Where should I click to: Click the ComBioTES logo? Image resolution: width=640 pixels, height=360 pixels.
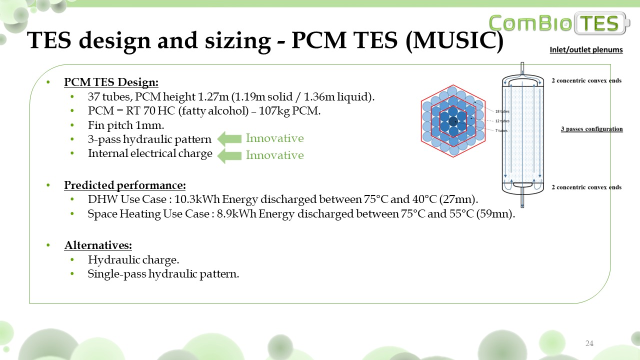click(x=559, y=23)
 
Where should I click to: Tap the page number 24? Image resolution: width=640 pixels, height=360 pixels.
click(x=589, y=343)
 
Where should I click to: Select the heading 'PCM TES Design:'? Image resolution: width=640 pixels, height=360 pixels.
click(x=111, y=82)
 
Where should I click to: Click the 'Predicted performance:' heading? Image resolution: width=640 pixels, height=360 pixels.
click(x=125, y=185)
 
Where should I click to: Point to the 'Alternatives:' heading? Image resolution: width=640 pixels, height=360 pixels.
click(x=98, y=245)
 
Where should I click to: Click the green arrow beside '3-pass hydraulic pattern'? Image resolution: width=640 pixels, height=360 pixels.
click(x=229, y=139)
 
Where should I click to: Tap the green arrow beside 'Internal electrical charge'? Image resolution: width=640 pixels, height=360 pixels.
click(x=229, y=156)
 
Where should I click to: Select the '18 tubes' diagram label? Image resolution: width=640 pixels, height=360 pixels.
click(x=502, y=111)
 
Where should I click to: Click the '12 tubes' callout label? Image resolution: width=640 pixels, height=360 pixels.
click(x=502, y=121)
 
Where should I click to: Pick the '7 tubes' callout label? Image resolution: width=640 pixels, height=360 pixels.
click(x=501, y=130)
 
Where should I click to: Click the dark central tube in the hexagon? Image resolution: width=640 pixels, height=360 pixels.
click(x=453, y=121)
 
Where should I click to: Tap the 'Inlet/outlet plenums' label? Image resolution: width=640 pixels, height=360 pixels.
click(x=586, y=49)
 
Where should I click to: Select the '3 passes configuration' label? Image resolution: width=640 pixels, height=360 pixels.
click(x=591, y=129)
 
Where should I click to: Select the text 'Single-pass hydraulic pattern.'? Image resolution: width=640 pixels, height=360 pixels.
click(x=163, y=274)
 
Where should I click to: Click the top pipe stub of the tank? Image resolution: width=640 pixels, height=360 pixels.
click(x=522, y=68)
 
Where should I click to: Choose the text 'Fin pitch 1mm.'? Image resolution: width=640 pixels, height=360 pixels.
click(x=126, y=125)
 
